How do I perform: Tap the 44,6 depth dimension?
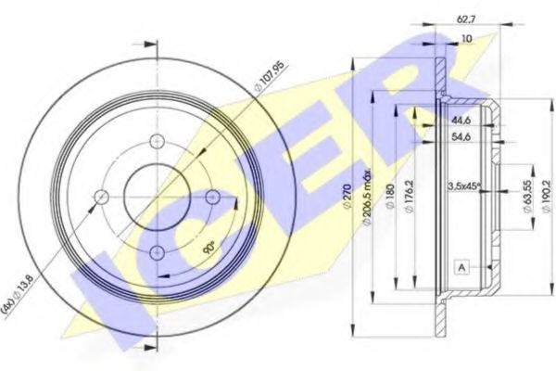[459, 121]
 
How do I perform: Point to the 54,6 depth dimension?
[461, 136]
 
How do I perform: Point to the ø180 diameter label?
[391, 197]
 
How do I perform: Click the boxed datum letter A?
[461, 268]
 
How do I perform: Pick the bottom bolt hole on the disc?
[158, 249]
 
